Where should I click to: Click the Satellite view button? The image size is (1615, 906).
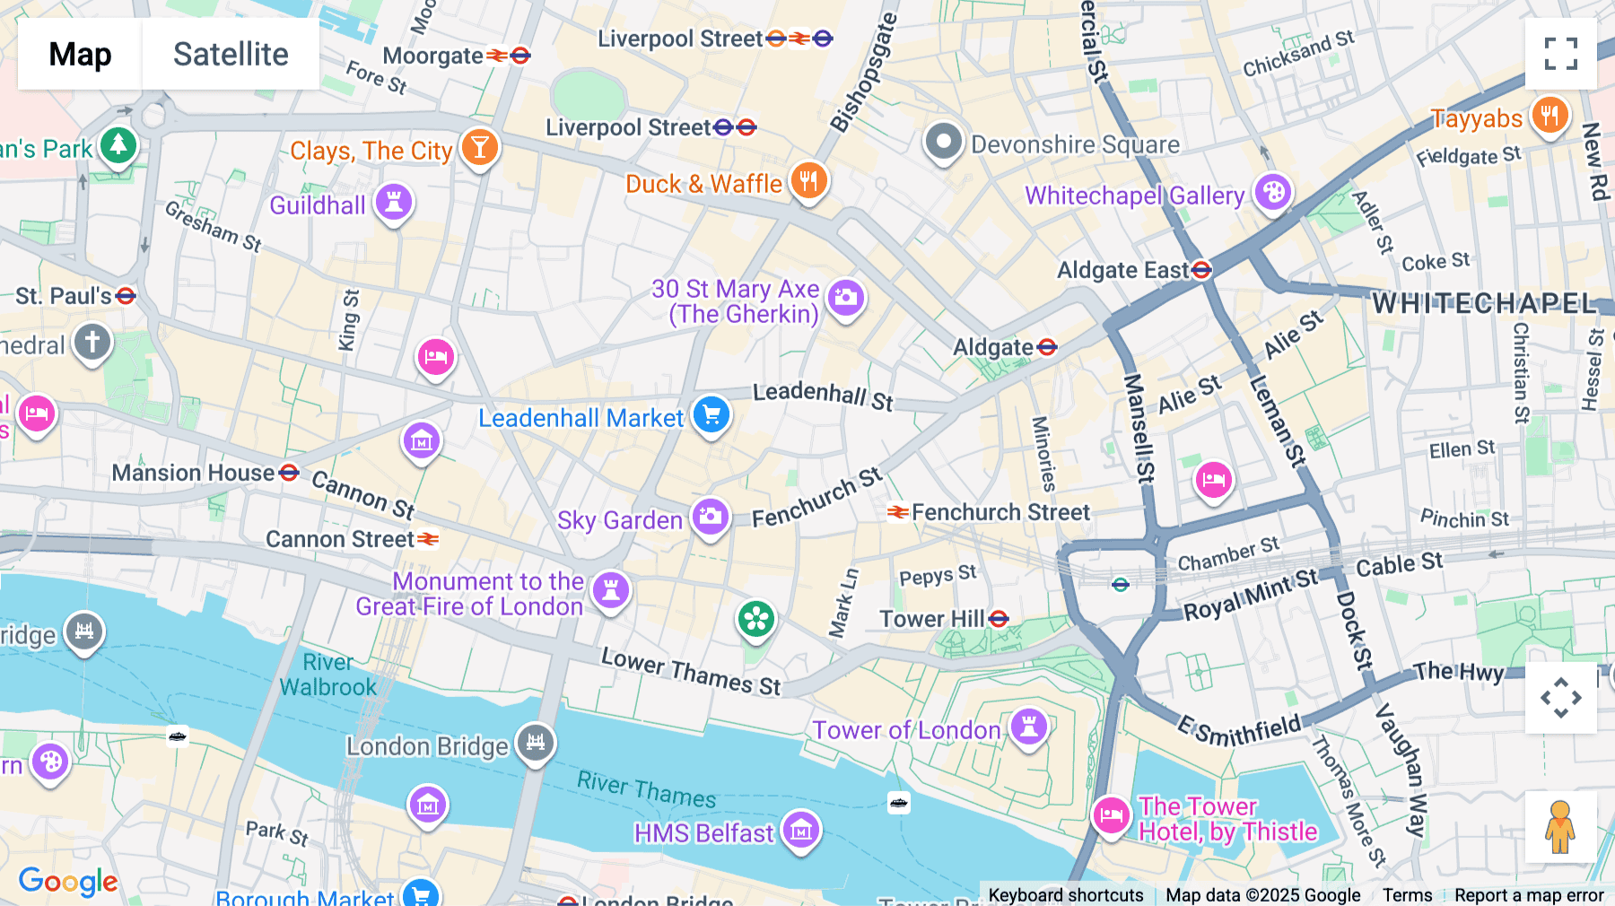(x=231, y=54)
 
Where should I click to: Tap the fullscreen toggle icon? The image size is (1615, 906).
(x=1560, y=54)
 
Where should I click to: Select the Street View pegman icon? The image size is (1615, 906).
(x=1560, y=826)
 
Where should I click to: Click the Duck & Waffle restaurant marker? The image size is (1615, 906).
(x=808, y=180)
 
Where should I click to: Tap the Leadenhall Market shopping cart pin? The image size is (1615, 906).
(x=712, y=415)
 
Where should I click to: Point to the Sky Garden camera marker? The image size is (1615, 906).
(x=710, y=517)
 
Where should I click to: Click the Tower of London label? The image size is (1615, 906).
(x=906, y=730)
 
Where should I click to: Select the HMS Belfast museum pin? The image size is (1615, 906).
(x=800, y=831)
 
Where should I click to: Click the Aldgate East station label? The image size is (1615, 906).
(x=1122, y=270)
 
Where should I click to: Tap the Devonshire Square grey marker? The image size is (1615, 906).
(x=943, y=142)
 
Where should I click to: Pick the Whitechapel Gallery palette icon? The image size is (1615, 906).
(x=1272, y=192)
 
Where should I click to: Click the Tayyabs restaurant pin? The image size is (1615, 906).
(x=1550, y=116)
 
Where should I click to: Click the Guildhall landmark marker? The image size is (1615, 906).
(x=393, y=201)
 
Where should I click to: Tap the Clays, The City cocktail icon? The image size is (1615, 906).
(x=480, y=146)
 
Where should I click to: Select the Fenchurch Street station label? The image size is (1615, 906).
(x=1000, y=512)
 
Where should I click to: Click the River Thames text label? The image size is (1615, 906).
(x=646, y=789)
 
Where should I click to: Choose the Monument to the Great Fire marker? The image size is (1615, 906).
(x=611, y=590)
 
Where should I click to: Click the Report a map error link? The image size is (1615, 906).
(x=1529, y=895)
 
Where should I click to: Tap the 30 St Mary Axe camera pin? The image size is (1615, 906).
(x=845, y=297)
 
